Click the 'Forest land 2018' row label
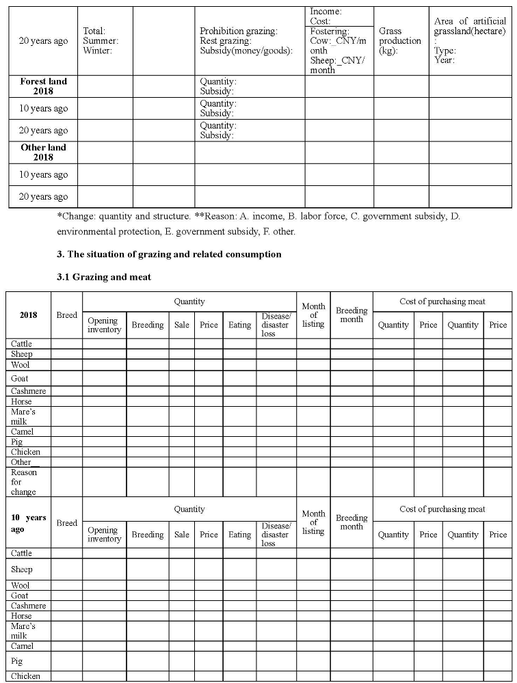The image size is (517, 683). tap(43, 85)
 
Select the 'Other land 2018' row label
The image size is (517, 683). tap(43, 152)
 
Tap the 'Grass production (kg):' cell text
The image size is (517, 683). tap(400, 41)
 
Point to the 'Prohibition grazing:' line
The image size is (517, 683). tap(238, 31)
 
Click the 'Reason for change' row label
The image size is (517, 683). tap(24, 482)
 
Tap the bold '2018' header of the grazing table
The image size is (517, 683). tap(28, 315)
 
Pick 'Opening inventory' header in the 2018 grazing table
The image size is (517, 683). tap(104, 325)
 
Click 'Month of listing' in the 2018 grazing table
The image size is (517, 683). tap(313, 315)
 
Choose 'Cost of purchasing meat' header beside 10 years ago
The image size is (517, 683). tap(442, 509)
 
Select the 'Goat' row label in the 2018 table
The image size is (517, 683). tap(20, 378)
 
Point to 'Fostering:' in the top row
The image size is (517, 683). tap(330, 31)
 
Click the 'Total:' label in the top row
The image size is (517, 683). tap(94, 31)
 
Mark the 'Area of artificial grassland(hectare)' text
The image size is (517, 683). tap(470, 26)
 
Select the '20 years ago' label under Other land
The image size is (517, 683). tap(43, 196)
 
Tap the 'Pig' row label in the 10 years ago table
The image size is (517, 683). tap(17, 661)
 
